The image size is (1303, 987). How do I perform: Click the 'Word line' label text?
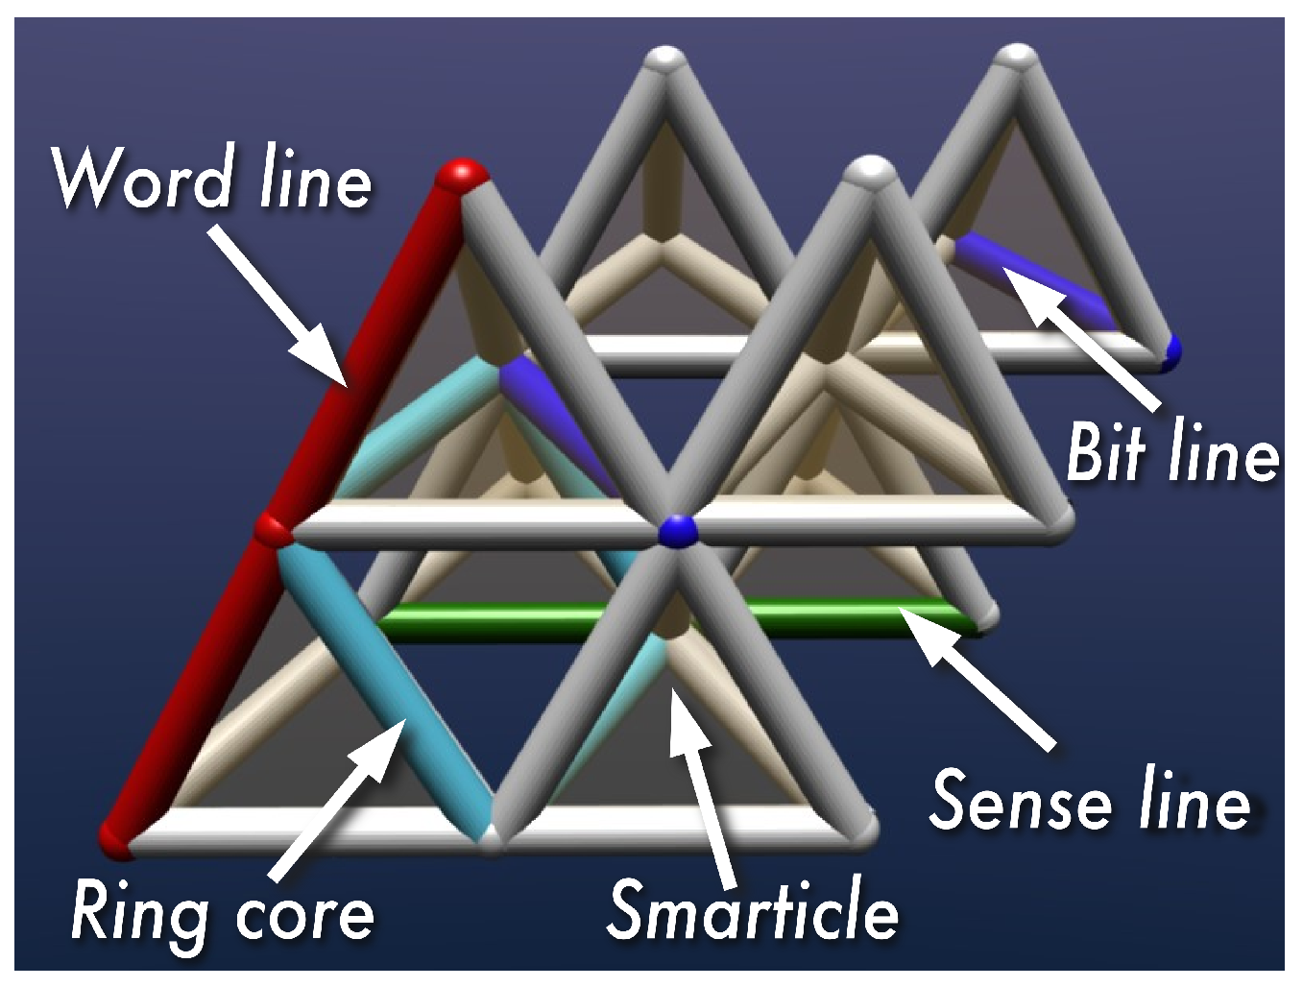click(211, 179)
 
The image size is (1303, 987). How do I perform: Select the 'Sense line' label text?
click(1089, 800)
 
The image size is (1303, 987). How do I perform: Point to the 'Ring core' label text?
click(222, 913)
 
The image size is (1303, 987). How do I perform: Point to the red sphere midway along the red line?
click(273, 529)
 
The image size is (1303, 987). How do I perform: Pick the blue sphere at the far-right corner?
click(1170, 351)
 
